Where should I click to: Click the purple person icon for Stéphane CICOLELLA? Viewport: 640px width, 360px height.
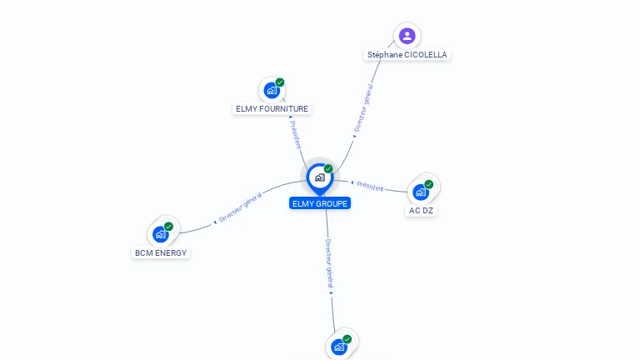point(407,36)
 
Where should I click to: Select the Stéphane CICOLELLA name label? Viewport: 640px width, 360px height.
point(407,55)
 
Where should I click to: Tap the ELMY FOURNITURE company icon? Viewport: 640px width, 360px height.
point(271,90)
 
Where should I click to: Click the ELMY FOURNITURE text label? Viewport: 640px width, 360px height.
point(272,109)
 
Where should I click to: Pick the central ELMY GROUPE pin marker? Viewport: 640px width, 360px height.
point(319,177)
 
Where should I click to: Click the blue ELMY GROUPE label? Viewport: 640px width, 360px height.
point(320,203)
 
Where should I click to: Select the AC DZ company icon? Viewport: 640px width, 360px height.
point(421,192)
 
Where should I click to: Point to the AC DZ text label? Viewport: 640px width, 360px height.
point(422,211)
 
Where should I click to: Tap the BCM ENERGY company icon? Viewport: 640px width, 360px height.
point(161,234)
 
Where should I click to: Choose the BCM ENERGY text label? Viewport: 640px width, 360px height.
point(162,252)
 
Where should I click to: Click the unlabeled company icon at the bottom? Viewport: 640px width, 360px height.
point(339,347)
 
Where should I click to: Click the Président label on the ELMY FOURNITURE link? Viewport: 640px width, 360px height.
point(295,134)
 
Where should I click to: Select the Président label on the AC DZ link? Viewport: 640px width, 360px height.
point(370,185)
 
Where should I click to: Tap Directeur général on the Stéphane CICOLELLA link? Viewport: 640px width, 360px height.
point(363,108)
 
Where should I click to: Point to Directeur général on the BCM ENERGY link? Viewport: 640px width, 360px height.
point(240,207)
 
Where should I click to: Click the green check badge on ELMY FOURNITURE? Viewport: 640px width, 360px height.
point(280,82)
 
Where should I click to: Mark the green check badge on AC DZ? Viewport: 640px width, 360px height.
point(429,184)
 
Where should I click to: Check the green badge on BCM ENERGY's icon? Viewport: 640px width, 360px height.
point(169,227)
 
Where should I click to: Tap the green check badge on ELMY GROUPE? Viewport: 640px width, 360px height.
point(328,168)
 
